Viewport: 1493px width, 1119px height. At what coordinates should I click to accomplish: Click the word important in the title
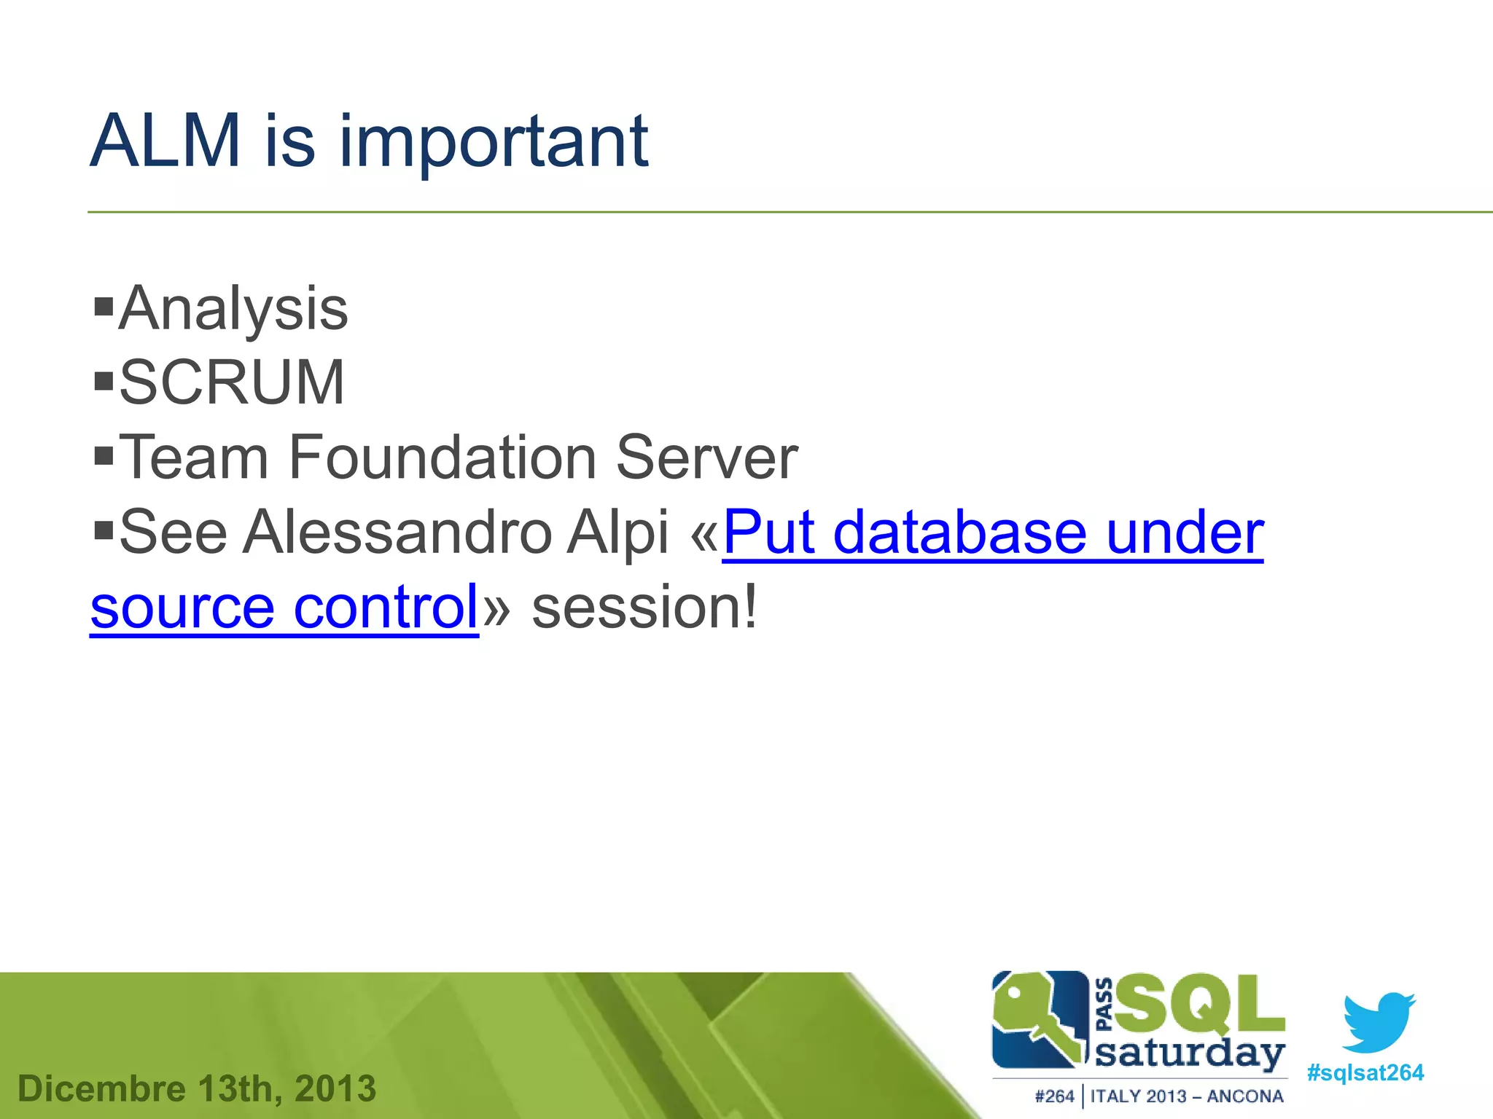(494, 145)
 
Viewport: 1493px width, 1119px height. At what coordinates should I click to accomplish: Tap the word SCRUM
(232, 382)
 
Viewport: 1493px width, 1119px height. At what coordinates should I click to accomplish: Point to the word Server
(706, 458)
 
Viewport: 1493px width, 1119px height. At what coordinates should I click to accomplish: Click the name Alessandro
(397, 532)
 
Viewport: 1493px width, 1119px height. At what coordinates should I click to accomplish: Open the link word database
(959, 532)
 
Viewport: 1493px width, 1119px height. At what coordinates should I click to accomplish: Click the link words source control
(284, 607)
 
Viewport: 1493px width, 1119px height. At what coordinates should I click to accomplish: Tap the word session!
(644, 607)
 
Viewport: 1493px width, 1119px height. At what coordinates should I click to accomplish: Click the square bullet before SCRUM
(104, 380)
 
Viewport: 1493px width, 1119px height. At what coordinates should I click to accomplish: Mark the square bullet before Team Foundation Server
(104, 456)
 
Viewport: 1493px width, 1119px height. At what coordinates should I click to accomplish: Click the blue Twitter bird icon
(1378, 1020)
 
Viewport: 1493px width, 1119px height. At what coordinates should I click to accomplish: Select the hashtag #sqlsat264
(1365, 1073)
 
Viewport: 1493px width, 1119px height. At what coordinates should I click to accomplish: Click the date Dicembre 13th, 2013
(197, 1088)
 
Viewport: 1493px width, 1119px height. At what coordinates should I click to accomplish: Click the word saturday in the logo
(1190, 1055)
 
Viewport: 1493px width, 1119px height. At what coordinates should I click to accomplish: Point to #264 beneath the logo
(1054, 1096)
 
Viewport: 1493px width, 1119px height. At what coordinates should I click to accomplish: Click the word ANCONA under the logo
(1245, 1096)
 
